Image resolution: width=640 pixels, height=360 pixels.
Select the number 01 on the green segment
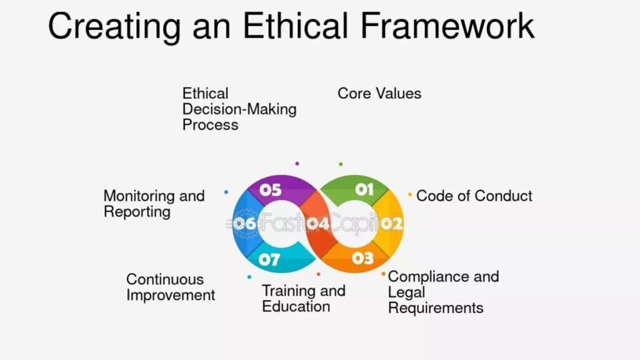pyautogui.click(x=364, y=189)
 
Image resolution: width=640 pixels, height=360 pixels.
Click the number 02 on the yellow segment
pyautogui.click(x=392, y=223)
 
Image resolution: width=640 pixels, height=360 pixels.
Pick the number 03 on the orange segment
pyautogui.click(x=362, y=257)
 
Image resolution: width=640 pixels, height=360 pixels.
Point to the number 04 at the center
pyautogui.click(x=317, y=223)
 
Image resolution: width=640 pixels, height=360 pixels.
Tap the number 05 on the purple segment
pyautogui.click(x=271, y=190)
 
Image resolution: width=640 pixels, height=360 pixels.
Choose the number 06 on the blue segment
pyautogui.click(x=244, y=223)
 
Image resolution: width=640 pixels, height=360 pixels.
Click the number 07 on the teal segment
pyautogui.click(x=269, y=258)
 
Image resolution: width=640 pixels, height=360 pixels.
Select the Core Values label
pyautogui.click(x=379, y=94)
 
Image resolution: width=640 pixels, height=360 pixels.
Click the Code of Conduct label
pyautogui.click(x=474, y=196)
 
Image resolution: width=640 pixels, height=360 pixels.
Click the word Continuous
pyautogui.click(x=165, y=279)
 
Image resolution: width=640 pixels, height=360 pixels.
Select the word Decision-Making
pyautogui.click(x=239, y=109)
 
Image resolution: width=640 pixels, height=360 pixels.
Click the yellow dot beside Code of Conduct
pyautogui.click(x=410, y=195)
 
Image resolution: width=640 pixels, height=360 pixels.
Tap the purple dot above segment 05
pyautogui.click(x=297, y=164)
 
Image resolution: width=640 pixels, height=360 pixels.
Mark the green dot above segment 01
pyautogui.click(x=341, y=164)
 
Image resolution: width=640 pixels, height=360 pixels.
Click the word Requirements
pyautogui.click(x=436, y=307)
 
